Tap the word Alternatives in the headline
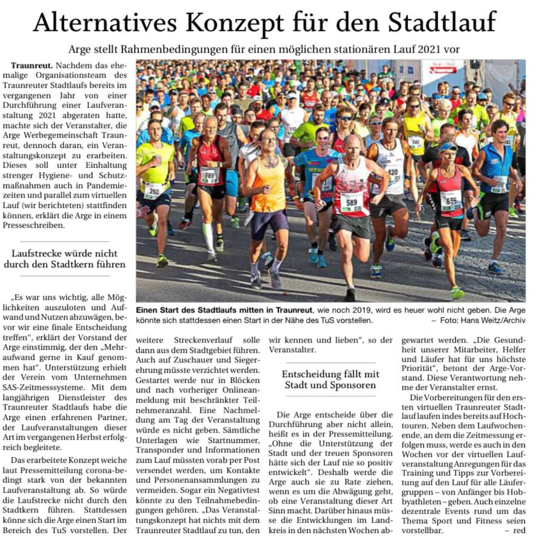(x=104, y=23)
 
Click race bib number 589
(x=351, y=202)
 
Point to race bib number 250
(x=152, y=190)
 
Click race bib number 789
(x=209, y=176)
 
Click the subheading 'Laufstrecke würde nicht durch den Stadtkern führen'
(x=64, y=259)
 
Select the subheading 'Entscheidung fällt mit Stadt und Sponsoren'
(x=330, y=379)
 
